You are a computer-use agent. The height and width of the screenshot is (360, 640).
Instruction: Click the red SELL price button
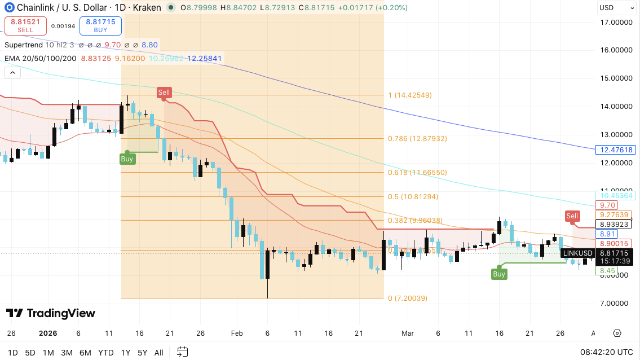click(25, 25)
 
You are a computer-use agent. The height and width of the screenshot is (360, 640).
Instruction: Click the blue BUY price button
click(100, 25)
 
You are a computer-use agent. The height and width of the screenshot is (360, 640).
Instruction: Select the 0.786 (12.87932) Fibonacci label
click(417, 139)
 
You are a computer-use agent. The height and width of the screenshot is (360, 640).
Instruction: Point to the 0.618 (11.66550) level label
click(417, 173)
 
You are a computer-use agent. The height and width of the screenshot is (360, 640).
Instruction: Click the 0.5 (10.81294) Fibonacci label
click(413, 197)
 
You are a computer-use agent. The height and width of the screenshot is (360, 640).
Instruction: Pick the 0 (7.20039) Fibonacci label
click(408, 298)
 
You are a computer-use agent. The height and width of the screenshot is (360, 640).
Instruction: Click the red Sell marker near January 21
click(164, 93)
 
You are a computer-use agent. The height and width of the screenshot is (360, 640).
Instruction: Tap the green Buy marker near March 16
click(499, 274)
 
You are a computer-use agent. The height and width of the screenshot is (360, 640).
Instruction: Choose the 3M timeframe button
click(67, 353)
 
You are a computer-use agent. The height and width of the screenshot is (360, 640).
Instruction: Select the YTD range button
click(106, 353)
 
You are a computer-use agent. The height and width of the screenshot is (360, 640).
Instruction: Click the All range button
click(159, 353)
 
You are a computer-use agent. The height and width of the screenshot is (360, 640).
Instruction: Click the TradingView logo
click(51, 313)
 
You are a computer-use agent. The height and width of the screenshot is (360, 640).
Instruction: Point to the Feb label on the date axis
click(237, 333)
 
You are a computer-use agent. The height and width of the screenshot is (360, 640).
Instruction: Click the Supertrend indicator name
click(24, 45)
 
